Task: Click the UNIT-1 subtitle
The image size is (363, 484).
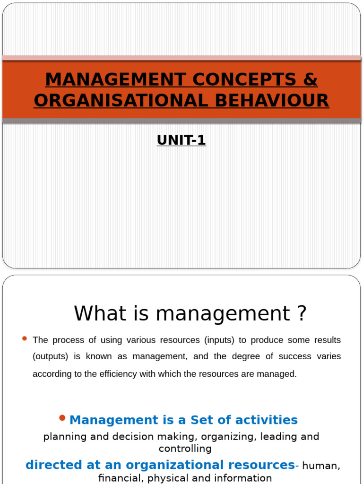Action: (181, 140)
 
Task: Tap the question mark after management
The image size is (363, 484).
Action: (302, 313)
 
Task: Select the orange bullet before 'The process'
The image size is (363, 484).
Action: (25, 338)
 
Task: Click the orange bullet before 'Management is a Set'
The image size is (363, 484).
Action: (62, 417)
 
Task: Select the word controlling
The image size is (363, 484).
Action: (185, 449)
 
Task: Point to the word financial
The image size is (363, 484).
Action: (121, 478)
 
